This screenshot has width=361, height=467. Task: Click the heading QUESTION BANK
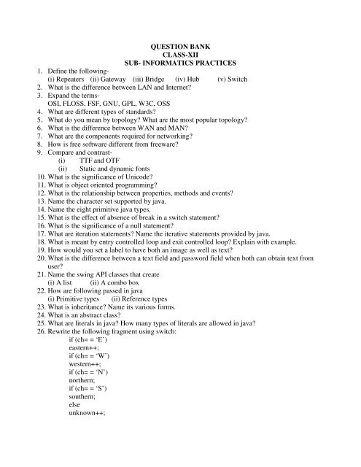(x=179, y=45)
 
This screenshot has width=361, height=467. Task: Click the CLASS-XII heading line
(x=179, y=54)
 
